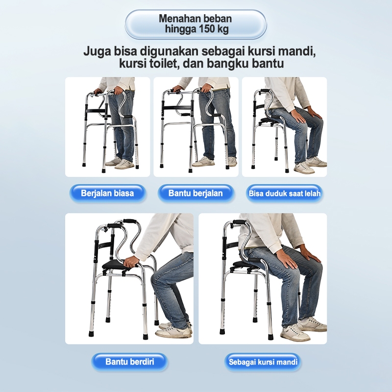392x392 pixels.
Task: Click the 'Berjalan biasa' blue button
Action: (107, 193)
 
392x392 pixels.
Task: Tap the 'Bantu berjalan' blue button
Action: (196, 193)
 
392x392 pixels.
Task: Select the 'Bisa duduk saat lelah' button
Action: (285, 193)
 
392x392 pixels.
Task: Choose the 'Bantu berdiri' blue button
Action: (129, 362)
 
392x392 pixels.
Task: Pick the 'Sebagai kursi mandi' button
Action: (263, 362)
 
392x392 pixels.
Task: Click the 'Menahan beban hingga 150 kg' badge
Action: (196, 24)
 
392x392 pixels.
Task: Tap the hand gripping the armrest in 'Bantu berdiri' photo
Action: (131, 262)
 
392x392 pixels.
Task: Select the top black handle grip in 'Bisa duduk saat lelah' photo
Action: (265, 91)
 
